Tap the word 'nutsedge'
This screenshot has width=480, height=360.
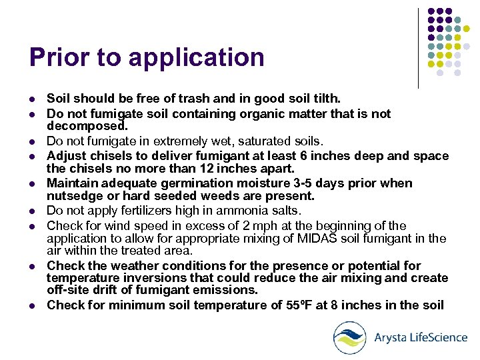click(x=71, y=196)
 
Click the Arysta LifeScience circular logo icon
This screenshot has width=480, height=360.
click(x=350, y=337)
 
